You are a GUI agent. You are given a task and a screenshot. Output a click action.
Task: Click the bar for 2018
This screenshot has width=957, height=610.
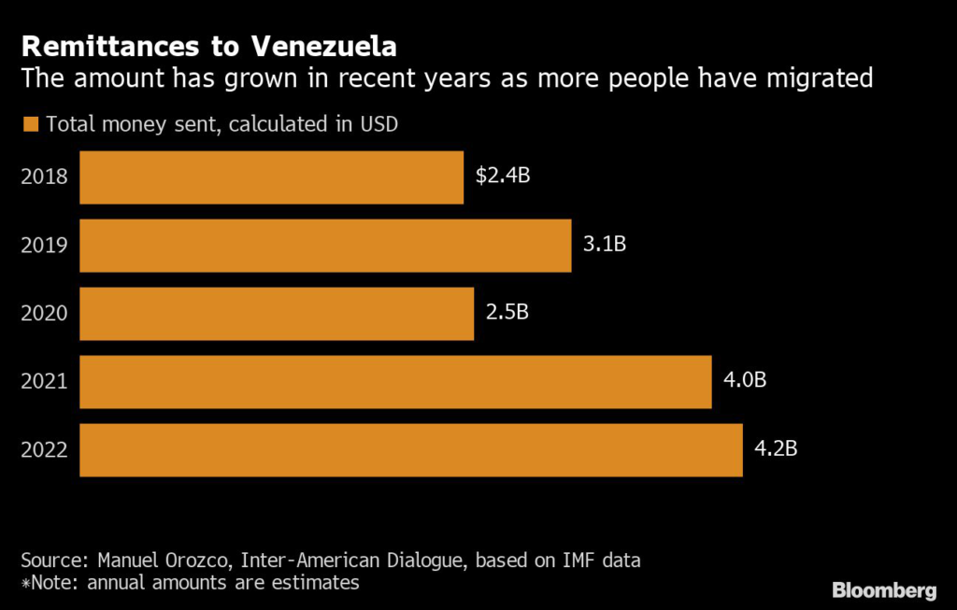click(271, 177)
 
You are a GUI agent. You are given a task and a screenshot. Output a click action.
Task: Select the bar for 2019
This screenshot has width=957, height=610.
click(325, 246)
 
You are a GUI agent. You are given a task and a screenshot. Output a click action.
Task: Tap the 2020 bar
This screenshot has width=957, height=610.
click(277, 314)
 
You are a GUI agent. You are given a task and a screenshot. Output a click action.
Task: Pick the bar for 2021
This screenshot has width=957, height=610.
click(395, 381)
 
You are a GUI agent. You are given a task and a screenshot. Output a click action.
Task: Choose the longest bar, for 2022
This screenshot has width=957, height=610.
click(411, 449)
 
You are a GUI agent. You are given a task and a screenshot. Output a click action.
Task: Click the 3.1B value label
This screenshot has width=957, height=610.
click(604, 245)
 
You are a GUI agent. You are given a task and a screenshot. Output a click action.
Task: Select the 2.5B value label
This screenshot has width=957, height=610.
click(507, 312)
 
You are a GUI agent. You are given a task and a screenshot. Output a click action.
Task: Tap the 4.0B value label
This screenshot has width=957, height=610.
click(745, 380)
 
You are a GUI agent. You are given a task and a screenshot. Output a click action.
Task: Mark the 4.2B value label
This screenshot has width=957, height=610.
click(776, 448)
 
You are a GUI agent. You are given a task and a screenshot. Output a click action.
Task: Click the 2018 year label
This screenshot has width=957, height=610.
click(44, 177)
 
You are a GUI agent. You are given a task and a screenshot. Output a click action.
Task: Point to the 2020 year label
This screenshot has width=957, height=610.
click(44, 314)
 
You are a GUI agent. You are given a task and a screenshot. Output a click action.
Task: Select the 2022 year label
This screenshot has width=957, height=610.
click(44, 450)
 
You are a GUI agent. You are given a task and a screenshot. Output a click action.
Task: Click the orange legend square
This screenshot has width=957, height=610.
click(30, 124)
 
